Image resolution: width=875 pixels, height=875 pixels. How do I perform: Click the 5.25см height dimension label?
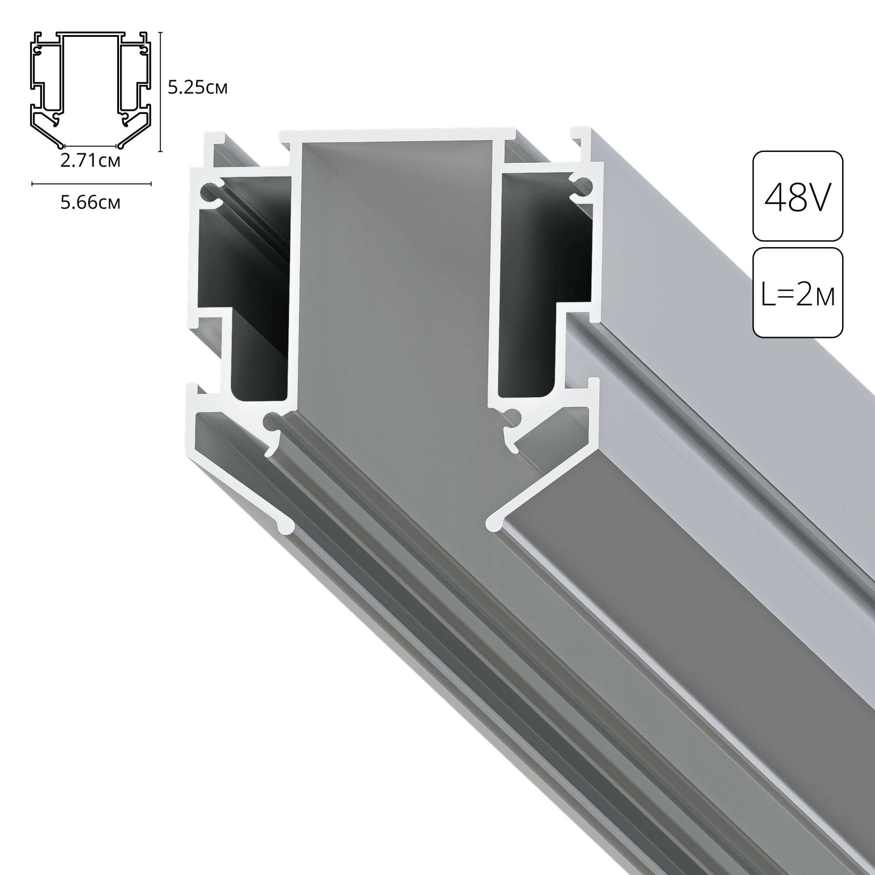coord(197,88)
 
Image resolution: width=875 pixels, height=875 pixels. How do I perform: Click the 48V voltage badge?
coord(798,196)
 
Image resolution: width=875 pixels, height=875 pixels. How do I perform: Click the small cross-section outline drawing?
coord(91,91)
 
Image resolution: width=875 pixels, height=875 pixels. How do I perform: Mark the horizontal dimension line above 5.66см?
coord(91,184)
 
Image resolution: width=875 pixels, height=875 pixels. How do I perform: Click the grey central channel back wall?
coord(394,272)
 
